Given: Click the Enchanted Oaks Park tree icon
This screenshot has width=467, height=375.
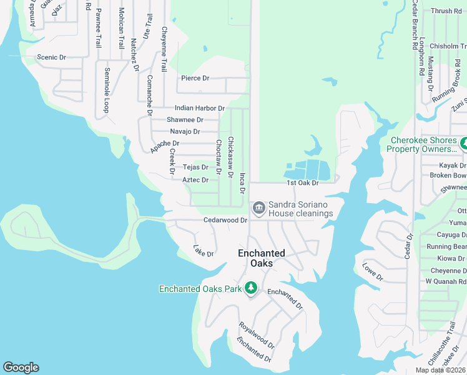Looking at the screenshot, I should tap(250, 288).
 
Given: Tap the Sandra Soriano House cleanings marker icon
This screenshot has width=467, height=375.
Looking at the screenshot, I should tap(258, 207).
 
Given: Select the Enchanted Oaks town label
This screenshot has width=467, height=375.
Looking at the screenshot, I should tap(261, 257).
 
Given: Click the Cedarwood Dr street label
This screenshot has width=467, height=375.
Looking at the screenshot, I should tap(225, 220).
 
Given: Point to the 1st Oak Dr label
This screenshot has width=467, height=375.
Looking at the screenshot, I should tap(302, 182).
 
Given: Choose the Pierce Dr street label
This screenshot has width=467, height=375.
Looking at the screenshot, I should tap(195, 78).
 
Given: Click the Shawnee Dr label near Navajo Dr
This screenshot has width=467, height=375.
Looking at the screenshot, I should tap(185, 119).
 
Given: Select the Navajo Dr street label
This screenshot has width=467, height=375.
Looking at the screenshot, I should tap(185, 131).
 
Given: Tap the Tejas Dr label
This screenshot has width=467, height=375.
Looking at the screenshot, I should tap(195, 167).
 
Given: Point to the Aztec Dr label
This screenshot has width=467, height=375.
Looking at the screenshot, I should tap(195, 180).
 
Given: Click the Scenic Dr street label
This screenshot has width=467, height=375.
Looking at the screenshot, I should tap(51, 57).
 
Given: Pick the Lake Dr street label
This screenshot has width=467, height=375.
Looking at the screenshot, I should tap(204, 250).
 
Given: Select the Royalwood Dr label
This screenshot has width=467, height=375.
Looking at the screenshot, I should tap(257, 335).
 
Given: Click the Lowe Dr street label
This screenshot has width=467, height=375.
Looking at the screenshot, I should tap(372, 272).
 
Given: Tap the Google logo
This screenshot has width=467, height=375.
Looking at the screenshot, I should tap(21, 367).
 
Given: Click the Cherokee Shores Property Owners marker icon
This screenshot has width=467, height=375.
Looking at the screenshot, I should tap(463, 144).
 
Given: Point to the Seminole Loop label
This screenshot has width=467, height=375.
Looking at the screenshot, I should tap(107, 90).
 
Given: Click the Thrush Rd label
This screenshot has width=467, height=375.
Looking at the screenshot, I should tap(446, 11).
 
